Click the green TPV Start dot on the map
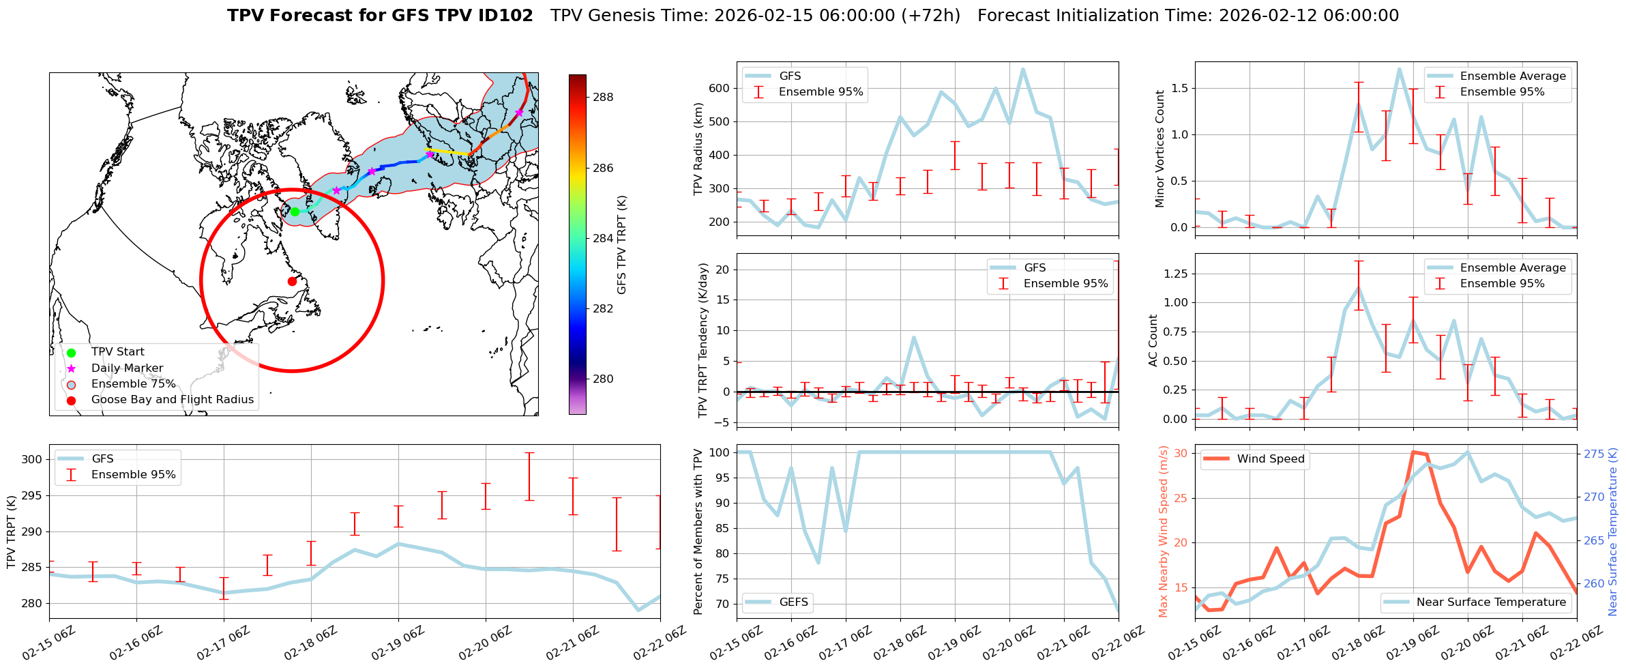[295, 212]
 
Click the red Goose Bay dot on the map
[292, 281]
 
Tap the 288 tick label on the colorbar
[603, 97]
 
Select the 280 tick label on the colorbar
[603, 379]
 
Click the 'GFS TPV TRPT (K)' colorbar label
[621, 244]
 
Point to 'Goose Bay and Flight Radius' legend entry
[172, 400]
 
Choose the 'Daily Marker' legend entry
[127, 368]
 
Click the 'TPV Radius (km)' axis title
[698, 149]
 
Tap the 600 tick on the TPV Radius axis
[720, 88]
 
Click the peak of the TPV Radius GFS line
[1022, 69]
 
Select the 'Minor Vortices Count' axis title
[1159, 149]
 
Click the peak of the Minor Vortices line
[1399, 69]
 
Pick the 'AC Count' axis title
[1153, 340]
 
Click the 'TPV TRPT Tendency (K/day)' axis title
[703, 340]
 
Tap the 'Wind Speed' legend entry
[1271, 459]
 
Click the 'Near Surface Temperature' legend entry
[1491, 602]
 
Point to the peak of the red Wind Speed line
[1413, 452]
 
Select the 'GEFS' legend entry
[793, 602]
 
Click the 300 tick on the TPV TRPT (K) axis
[33, 459]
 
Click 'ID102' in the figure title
[504, 16]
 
